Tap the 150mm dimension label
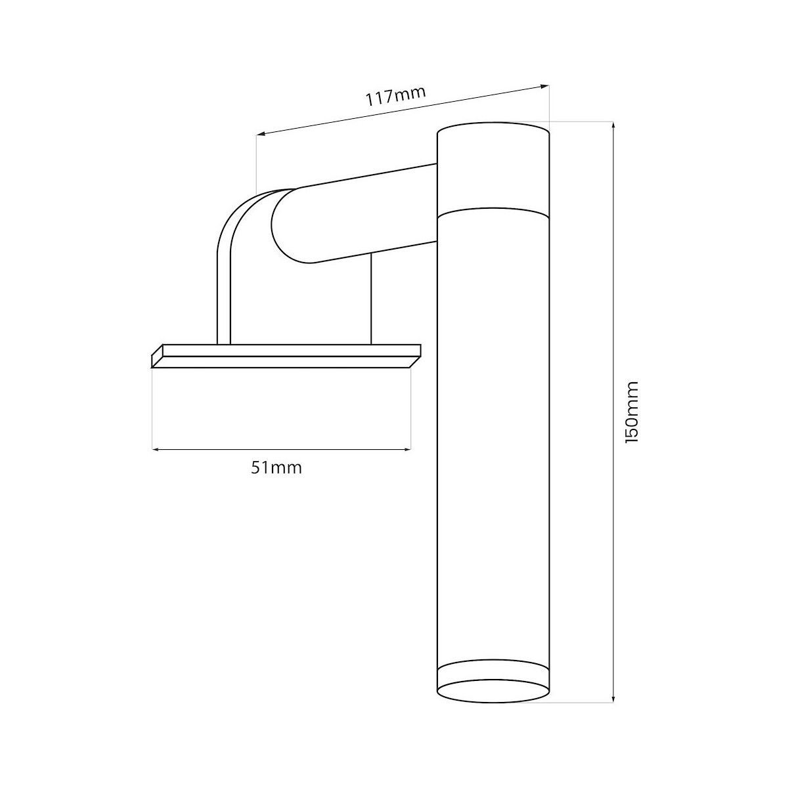coord(632,412)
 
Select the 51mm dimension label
coord(276,468)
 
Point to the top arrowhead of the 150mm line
coord(613,125)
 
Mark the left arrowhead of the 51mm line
coord(156,449)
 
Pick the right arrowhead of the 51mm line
coord(407,449)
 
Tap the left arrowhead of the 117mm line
coord(260,134)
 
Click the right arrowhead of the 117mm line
coord(544,85)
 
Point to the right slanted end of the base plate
coord(415,355)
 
